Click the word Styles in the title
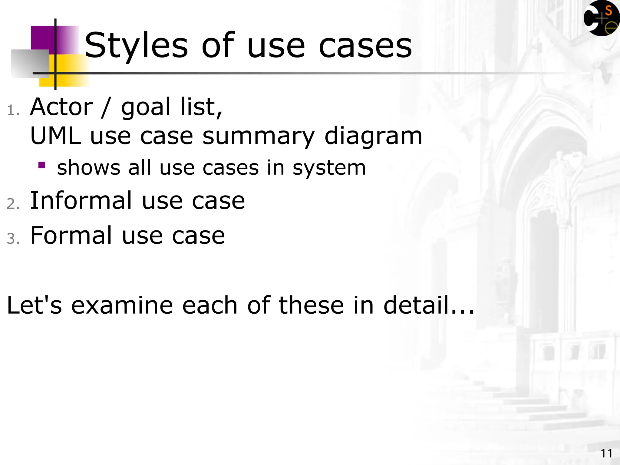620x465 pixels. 136,46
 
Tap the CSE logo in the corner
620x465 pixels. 601,19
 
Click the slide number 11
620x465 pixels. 606,453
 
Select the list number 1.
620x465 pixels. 13,110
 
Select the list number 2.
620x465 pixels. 13,204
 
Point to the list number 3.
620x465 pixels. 13,239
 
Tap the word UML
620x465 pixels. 56,136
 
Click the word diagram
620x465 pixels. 373,137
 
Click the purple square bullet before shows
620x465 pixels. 42,165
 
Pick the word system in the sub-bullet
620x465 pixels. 329,168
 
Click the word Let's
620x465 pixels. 34,305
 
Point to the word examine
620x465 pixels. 122,305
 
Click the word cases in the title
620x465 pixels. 365,46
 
